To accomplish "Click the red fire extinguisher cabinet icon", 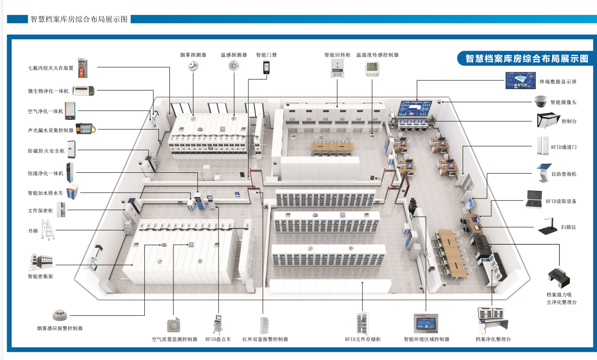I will click(82, 67).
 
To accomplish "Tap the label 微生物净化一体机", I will click(48, 91).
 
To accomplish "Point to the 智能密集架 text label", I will click(40, 276).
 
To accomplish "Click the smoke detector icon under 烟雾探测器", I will click(193, 66).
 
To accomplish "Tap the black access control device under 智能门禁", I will click(266, 68).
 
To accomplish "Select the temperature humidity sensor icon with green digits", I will click(372, 68).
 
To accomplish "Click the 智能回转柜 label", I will click(337, 55).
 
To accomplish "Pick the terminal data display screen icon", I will click(520, 81).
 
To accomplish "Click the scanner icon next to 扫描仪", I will click(549, 227).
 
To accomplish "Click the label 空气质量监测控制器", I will click(175, 339).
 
